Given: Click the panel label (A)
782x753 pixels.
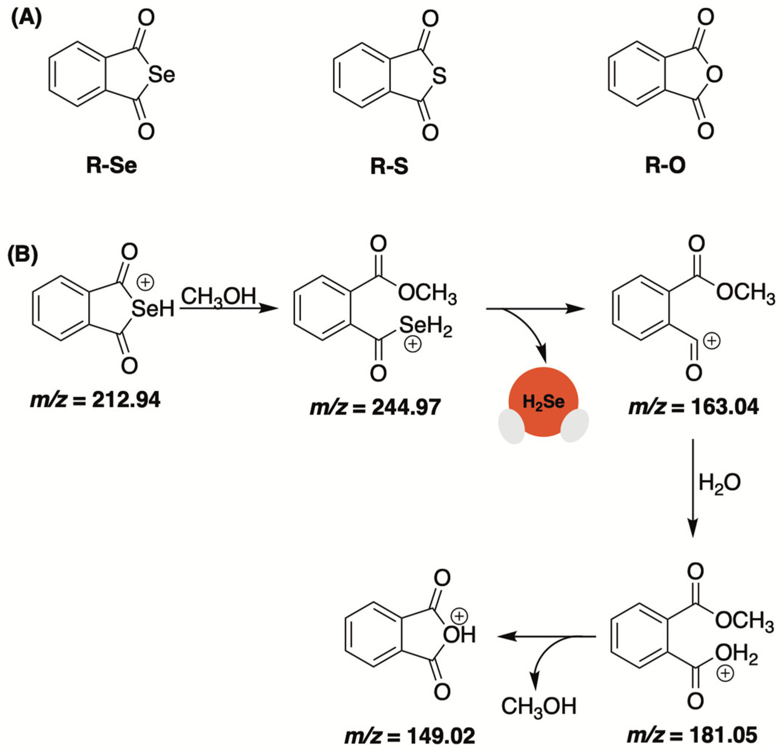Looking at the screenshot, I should tap(26, 19).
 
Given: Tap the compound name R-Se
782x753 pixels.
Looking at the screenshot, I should tap(111, 166).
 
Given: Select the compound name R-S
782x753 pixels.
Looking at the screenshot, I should tap(389, 167).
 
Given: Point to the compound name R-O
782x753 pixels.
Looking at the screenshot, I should tap(665, 166).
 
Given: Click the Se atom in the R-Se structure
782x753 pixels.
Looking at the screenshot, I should tap(162, 75).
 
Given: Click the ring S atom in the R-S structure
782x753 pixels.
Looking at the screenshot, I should tap(439, 76).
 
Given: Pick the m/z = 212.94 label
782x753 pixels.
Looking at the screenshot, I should tap(95, 400).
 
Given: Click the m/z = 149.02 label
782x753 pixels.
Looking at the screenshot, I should tap(410, 736).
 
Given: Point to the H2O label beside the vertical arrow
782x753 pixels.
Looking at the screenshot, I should tap(719, 483).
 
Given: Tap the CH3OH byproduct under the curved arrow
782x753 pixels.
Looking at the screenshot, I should tap(539, 706).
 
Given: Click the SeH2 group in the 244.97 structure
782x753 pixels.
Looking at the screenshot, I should tap(425, 326).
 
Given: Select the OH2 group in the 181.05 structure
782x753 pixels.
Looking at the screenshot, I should tap(736, 654).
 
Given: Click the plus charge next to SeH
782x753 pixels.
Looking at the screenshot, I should tap(145, 283).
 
